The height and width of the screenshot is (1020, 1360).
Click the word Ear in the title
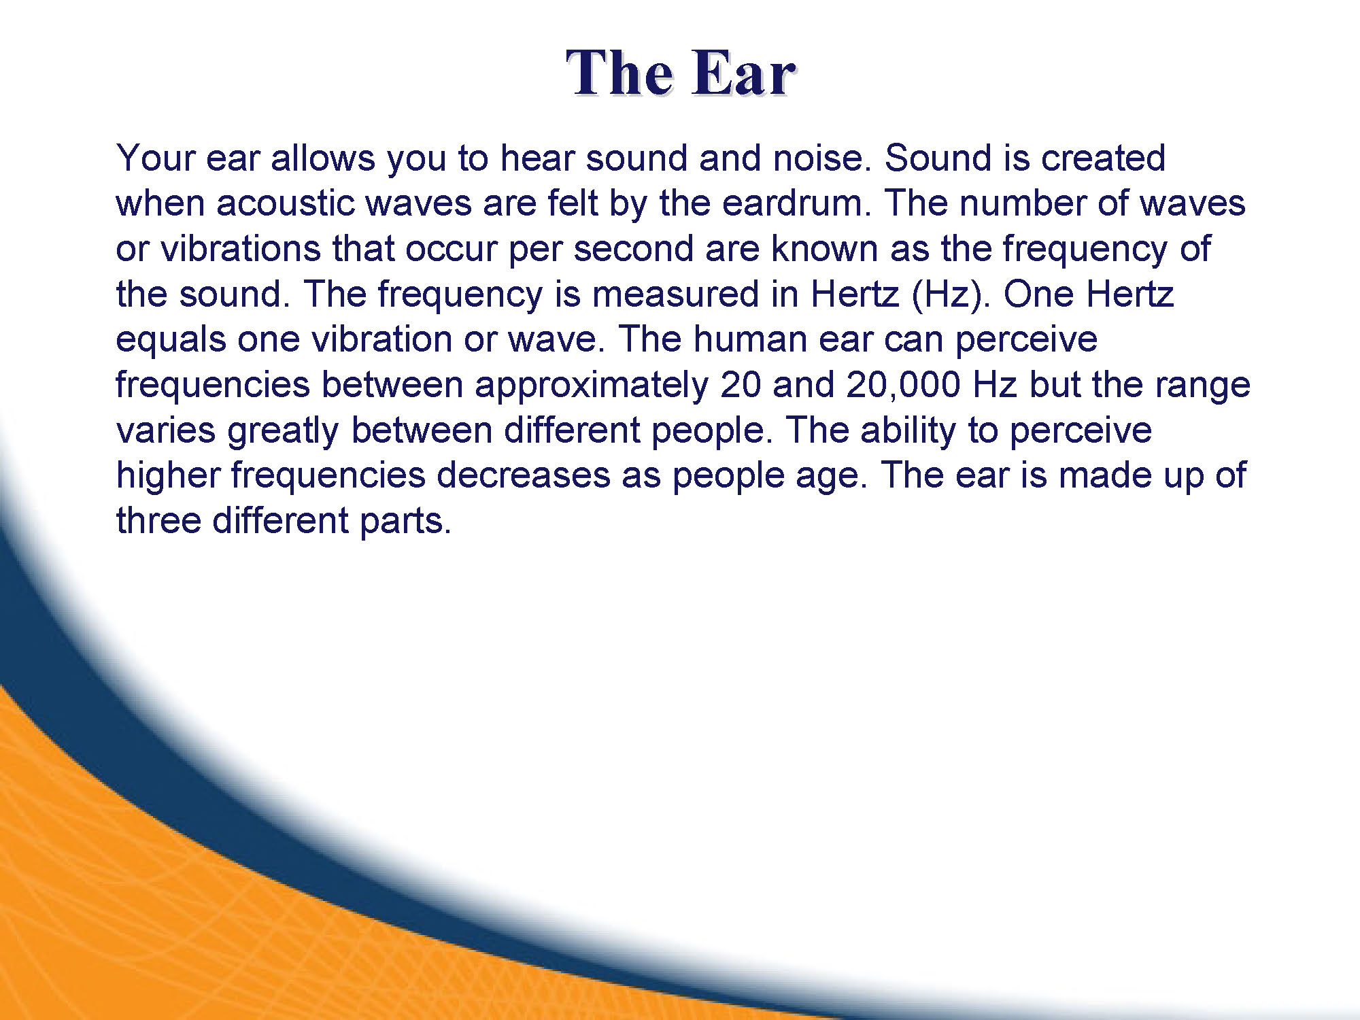tap(744, 73)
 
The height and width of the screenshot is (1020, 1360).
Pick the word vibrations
tap(241, 248)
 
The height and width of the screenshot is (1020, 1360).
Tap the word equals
tap(171, 340)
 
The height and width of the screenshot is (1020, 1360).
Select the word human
tap(750, 339)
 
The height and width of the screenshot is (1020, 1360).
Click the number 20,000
tap(903, 386)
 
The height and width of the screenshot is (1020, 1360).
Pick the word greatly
tap(282, 431)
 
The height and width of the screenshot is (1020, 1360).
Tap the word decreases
tap(523, 475)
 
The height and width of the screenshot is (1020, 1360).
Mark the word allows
tap(323, 158)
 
